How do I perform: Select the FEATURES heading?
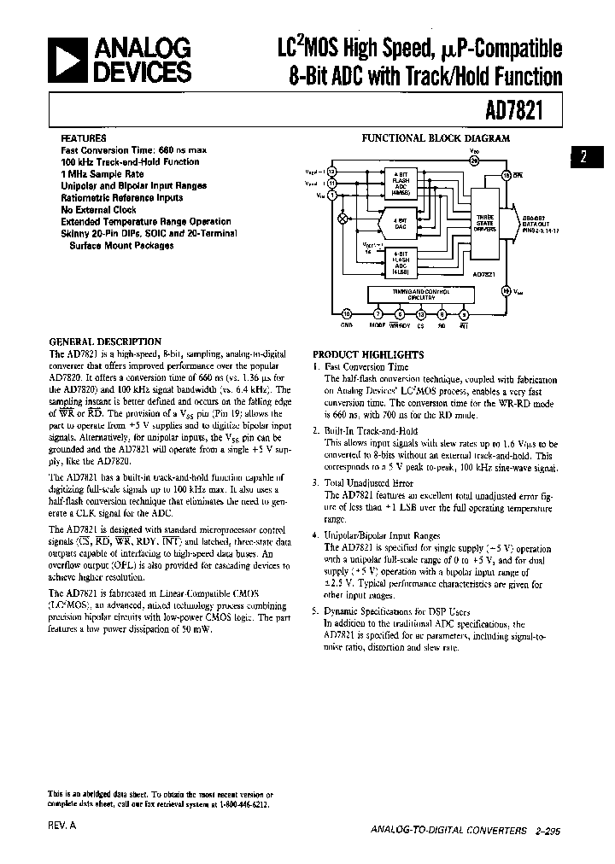[x=84, y=138]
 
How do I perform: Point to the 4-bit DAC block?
[x=399, y=225]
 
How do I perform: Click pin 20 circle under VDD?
[x=475, y=158]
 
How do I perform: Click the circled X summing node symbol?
[x=344, y=219]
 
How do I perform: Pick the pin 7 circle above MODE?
[x=378, y=313]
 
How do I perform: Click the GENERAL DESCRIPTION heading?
[x=105, y=342]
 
